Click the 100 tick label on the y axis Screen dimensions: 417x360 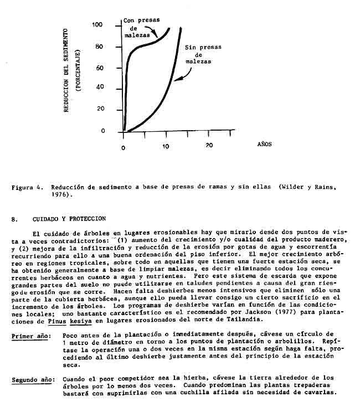pos(97,25)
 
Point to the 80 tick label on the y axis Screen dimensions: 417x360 pos(99,47)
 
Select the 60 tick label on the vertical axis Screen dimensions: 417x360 pos(99,68)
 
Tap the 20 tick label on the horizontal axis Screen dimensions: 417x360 pos(209,145)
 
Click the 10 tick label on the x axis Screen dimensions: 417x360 pos(166,146)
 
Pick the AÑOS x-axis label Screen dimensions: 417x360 pos(265,144)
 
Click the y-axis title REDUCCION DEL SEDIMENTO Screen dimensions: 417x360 pos(65,69)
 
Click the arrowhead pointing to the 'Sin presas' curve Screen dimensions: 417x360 pos(176,80)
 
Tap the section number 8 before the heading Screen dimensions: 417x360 pos(13,219)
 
